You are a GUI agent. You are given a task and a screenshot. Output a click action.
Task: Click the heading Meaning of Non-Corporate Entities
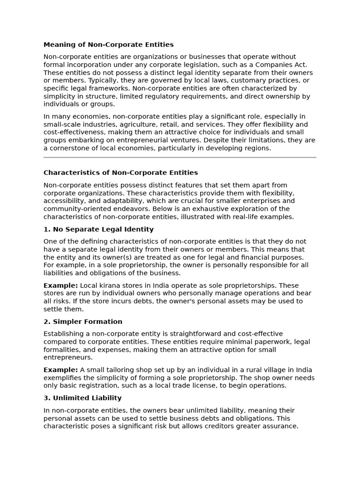tap(108, 45)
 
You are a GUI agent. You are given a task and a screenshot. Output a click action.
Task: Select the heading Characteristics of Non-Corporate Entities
tap(120, 172)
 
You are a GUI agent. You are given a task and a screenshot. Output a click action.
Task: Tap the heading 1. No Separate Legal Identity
tap(98, 229)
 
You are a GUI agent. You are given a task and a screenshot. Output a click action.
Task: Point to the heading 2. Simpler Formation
tap(82, 322)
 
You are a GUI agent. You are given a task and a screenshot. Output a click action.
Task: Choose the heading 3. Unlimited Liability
tap(82, 398)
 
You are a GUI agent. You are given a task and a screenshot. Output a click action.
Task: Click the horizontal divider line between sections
tap(180, 157)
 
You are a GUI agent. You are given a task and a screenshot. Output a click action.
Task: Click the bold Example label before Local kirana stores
tap(60, 285)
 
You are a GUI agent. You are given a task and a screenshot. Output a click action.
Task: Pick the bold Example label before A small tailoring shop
tap(60, 370)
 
